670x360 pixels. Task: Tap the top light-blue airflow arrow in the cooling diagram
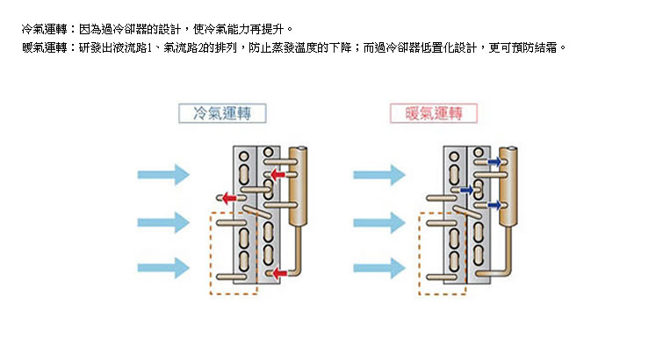(163, 174)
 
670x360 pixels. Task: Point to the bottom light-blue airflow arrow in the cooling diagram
(163, 266)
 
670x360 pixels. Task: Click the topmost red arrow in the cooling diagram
(277, 176)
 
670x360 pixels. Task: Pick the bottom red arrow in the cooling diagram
(277, 273)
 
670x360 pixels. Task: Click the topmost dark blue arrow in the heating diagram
(494, 163)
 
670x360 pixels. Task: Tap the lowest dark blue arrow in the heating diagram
(494, 205)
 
